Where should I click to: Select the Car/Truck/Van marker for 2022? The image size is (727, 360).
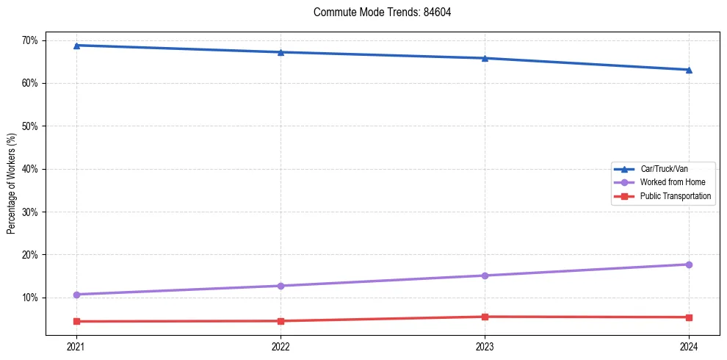tap(281, 52)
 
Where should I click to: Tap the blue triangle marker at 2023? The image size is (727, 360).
tap(485, 58)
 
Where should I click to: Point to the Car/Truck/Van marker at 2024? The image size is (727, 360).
tap(689, 70)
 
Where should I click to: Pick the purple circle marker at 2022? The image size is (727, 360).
tap(281, 286)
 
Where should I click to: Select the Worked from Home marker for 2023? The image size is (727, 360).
tap(485, 276)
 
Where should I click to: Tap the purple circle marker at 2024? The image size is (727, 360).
tap(689, 264)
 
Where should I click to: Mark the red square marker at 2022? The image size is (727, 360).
tap(281, 321)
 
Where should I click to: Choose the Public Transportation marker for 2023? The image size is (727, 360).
tap(485, 317)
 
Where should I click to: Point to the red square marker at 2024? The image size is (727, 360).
tap(689, 317)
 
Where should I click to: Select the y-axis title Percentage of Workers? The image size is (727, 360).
tap(12, 184)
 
